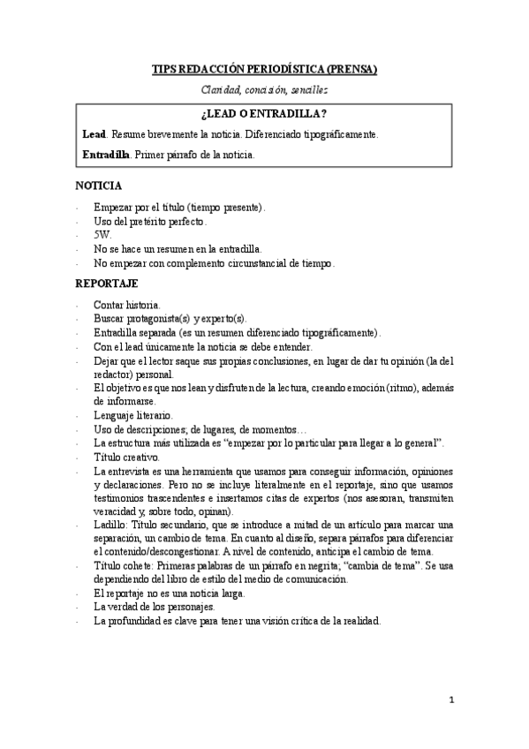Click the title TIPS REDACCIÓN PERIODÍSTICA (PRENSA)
click(264, 69)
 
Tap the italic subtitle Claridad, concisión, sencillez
click(264, 89)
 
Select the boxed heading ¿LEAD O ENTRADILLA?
click(264, 114)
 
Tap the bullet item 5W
click(102, 235)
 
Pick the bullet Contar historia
click(127, 305)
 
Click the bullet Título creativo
click(126, 458)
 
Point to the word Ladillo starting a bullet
click(110, 524)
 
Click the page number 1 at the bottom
click(450, 700)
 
